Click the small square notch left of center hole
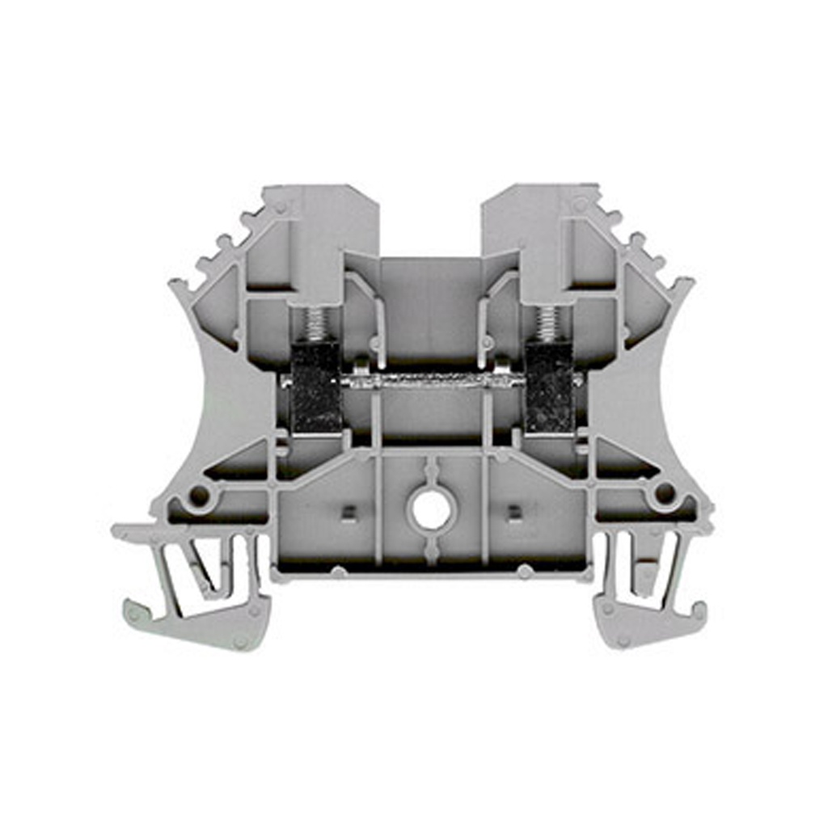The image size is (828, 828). pyautogui.click(x=349, y=511)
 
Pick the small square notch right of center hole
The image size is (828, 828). pyautogui.click(x=513, y=511)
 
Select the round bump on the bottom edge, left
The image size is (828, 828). pyautogui.click(x=339, y=572)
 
